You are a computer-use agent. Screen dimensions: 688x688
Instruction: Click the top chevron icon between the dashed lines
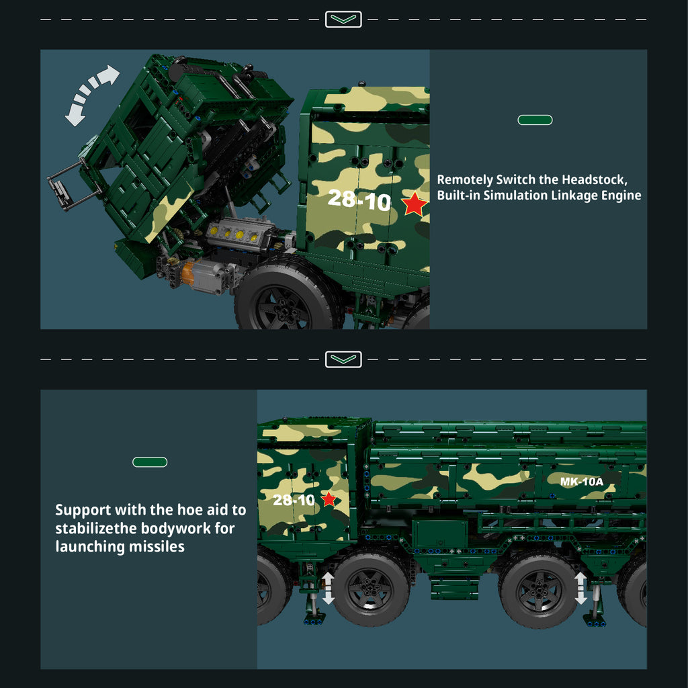(x=343, y=19)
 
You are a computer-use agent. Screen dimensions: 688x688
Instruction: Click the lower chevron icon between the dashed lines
(x=343, y=359)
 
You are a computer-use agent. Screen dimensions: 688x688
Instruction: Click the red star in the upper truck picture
(x=414, y=204)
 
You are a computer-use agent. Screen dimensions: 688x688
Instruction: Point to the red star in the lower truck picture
(x=329, y=499)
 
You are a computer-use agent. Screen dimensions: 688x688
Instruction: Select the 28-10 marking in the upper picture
(x=359, y=200)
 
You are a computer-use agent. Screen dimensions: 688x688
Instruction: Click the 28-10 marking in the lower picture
(x=294, y=500)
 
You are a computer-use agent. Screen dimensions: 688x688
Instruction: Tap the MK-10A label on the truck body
(x=581, y=482)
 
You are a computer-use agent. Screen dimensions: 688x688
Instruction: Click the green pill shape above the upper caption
(x=535, y=120)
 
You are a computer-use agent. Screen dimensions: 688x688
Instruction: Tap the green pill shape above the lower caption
(x=150, y=462)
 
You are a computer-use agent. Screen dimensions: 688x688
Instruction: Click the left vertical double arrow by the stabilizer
(x=328, y=588)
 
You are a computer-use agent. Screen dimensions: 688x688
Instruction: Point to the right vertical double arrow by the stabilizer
(x=580, y=588)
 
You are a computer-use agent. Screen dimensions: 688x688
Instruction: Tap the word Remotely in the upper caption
(x=465, y=180)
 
